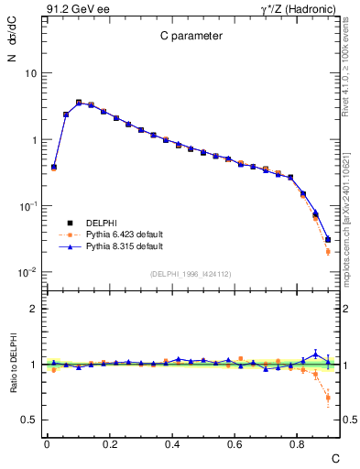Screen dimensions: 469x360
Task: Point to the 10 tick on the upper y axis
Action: coord(30,73)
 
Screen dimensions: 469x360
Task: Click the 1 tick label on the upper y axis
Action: coord(33,140)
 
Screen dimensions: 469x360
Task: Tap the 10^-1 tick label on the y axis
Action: coord(28,206)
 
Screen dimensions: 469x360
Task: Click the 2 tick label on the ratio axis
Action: coord(33,310)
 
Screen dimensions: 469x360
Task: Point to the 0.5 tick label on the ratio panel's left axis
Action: coord(28,420)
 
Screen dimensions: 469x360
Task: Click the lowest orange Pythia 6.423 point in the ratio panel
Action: coord(328,398)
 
